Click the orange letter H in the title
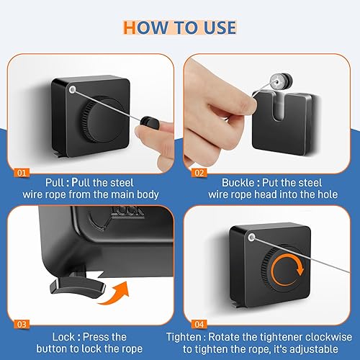point(130,27)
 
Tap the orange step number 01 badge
point(22,173)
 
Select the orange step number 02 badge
point(199,173)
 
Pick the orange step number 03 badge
point(22,324)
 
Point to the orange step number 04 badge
point(199,324)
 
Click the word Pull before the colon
point(55,183)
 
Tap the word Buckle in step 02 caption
point(238,183)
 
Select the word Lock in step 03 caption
point(63,337)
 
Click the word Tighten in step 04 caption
point(184,337)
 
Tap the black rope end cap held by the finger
point(148,121)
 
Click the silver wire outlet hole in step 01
point(72,90)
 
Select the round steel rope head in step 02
point(282,81)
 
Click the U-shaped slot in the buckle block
point(279,107)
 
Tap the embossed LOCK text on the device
point(128,212)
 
